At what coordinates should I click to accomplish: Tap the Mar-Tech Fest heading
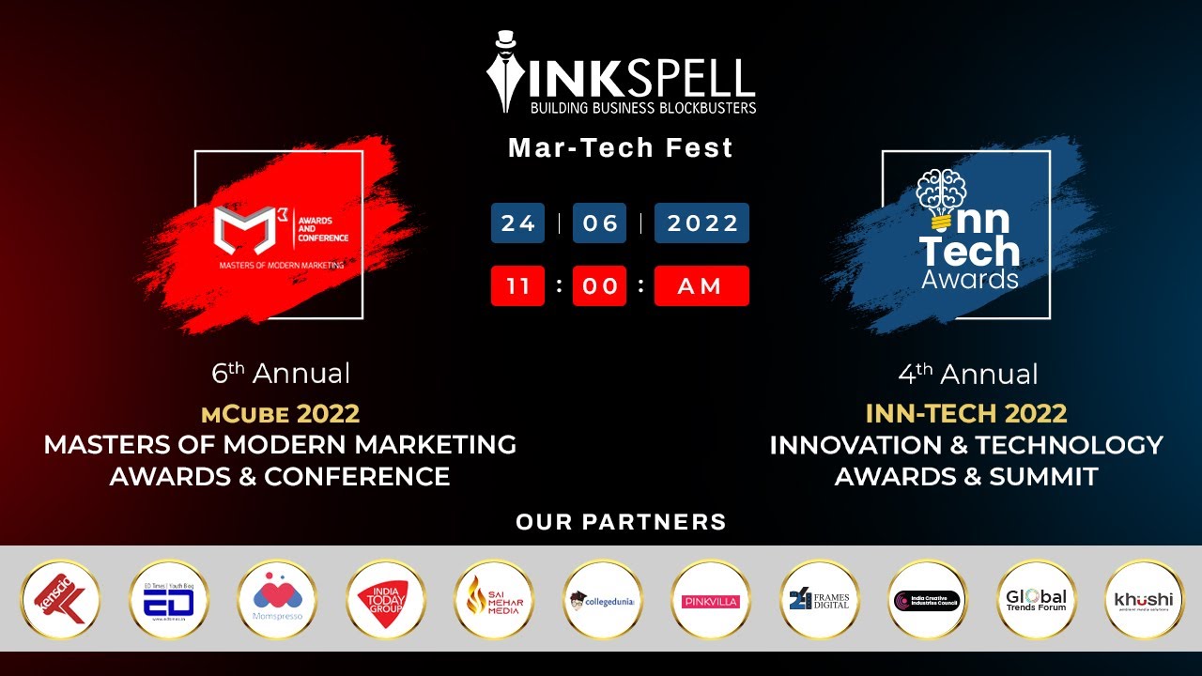620,148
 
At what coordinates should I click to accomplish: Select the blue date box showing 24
517,223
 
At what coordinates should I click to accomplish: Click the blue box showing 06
599,223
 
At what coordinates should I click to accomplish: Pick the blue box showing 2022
701,223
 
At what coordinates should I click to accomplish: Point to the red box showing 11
517,286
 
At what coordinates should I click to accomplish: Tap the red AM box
701,286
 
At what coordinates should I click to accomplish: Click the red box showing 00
599,286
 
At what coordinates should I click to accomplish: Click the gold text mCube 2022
280,413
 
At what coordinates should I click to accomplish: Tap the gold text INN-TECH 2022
966,413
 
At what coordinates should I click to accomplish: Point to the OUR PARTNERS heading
621,522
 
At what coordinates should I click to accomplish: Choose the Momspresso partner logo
277,599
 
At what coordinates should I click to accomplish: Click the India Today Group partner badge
385,599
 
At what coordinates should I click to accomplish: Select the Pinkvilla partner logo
711,599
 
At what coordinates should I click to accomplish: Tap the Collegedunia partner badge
602,599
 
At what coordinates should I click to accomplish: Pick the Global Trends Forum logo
1036,599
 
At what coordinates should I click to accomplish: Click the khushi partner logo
1144,599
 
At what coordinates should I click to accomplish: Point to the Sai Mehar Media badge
494,599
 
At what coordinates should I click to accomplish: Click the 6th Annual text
281,374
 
